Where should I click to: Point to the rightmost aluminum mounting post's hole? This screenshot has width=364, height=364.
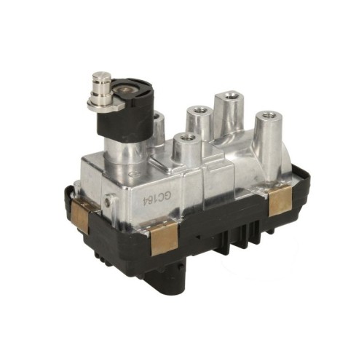coord(269,114)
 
